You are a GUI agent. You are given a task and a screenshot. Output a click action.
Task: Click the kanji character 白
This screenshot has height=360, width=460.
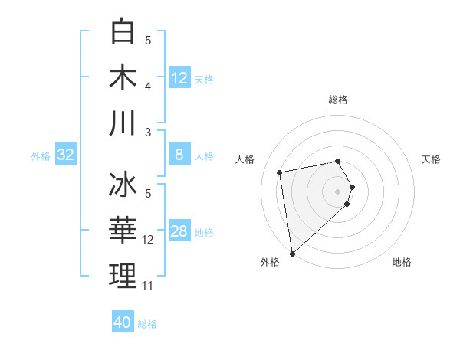(x=123, y=31)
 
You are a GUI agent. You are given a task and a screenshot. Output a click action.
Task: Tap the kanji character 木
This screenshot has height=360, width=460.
(x=123, y=77)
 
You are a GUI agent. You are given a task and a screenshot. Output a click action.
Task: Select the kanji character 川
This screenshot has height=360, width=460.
(x=123, y=123)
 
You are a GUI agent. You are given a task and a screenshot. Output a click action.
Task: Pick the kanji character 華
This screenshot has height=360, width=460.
(x=123, y=231)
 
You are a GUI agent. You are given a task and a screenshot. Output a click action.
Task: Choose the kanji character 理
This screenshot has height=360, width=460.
(x=123, y=277)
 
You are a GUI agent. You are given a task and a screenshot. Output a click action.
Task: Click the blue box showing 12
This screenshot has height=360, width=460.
(x=179, y=78)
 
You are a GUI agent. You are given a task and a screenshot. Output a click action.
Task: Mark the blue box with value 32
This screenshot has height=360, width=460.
(x=65, y=155)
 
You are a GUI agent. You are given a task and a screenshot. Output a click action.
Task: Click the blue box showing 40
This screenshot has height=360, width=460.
(x=123, y=322)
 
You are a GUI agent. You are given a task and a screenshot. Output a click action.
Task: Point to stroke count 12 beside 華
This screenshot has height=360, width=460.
(x=148, y=240)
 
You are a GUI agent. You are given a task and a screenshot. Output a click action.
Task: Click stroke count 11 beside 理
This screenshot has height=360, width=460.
(x=148, y=286)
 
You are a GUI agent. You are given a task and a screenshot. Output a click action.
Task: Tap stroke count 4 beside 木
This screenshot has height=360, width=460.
(x=148, y=87)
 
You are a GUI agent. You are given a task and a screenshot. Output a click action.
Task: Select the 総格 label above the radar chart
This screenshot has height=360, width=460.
(x=338, y=100)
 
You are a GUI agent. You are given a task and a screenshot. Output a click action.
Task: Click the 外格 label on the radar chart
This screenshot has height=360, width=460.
(x=270, y=262)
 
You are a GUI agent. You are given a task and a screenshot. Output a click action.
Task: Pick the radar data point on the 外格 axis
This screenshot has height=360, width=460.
(x=292, y=253)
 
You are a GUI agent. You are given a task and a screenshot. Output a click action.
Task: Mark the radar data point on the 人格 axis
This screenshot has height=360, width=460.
(x=280, y=172)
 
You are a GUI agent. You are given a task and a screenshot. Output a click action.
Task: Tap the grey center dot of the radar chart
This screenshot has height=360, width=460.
(x=338, y=191)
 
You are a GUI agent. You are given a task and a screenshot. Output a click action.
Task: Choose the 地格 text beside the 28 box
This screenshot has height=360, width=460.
(x=204, y=233)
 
